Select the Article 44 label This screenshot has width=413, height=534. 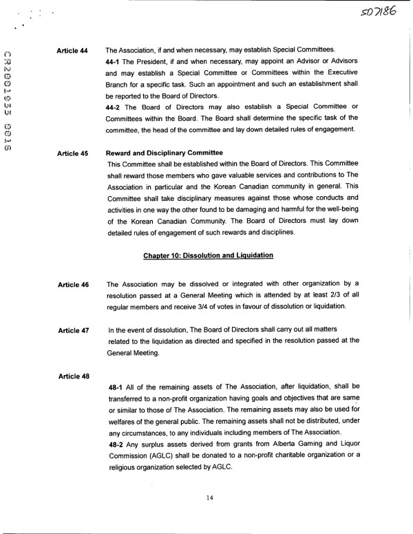tap(74, 50)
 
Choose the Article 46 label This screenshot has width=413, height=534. tap(74, 284)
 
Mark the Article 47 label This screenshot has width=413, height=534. tap(74, 331)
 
